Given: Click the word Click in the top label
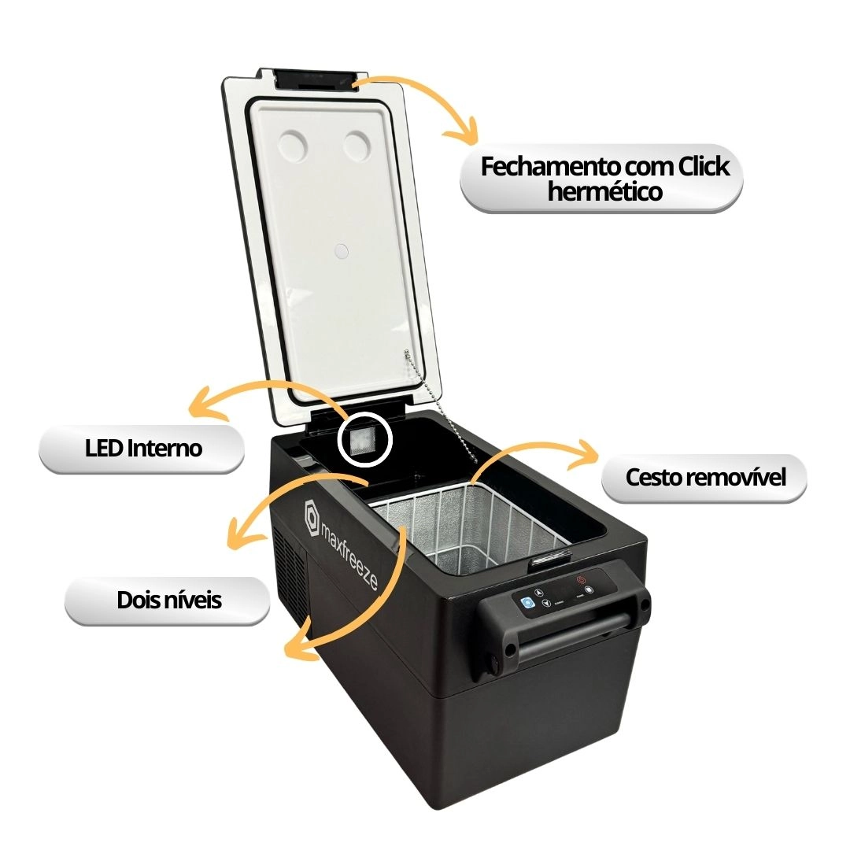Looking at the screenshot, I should tap(700, 167).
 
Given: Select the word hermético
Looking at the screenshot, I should tap(604, 191).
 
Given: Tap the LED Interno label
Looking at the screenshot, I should tap(142, 449).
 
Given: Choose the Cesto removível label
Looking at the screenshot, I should tap(705, 478).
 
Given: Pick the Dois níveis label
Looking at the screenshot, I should tap(169, 601).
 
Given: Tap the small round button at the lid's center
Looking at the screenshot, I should tap(341, 250).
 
